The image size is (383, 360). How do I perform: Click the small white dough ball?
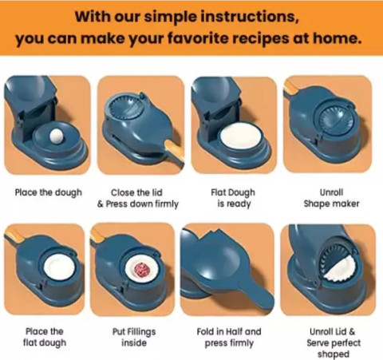pyautogui.click(x=57, y=136)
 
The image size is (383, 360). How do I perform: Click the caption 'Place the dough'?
pyautogui.click(x=49, y=192)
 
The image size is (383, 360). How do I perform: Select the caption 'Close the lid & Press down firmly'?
pyautogui.click(x=138, y=198)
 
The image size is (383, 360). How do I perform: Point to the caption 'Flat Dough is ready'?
pyautogui.click(x=233, y=198)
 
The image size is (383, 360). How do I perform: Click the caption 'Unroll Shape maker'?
pyautogui.click(x=331, y=198)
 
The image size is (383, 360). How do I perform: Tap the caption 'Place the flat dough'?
pyautogui.click(x=45, y=337)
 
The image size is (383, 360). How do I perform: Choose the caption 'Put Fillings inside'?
pyautogui.click(x=134, y=337)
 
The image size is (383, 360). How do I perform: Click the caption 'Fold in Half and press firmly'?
pyautogui.click(x=229, y=337)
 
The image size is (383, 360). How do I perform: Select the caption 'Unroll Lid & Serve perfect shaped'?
pyautogui.click(x=334, y=342)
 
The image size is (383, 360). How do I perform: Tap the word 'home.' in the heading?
pyautogui.click(x=337, y=38)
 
